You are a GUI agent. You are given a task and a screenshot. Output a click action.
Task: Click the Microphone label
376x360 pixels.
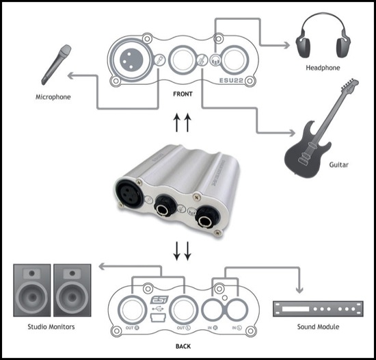[x=53, y=97]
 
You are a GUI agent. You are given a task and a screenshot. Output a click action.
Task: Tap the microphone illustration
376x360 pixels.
[x=56, y=65]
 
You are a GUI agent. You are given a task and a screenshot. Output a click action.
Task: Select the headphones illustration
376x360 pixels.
[x=323, y=36]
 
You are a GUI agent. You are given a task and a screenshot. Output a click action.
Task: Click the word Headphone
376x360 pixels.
[x=323, y=68]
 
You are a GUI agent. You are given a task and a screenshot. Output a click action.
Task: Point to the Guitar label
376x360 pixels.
[x=338, y=165]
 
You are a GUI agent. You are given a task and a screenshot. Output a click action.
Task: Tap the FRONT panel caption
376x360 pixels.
[x=183, y=94]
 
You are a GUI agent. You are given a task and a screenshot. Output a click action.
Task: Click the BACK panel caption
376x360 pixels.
[x=183, y=346]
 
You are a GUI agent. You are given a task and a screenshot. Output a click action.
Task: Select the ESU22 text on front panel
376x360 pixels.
[x=231, y=80]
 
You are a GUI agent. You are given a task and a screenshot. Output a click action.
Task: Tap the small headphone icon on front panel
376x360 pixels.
[x=215, y=60]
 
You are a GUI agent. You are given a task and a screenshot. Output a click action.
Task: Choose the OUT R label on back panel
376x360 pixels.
[x=133, y=328]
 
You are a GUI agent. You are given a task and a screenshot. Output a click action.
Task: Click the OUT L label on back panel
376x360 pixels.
[x=184, y=328]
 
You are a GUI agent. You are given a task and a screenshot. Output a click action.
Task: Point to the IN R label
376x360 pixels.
[x=213, y=328]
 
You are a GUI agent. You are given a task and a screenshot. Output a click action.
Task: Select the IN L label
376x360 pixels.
[x=237, y=328]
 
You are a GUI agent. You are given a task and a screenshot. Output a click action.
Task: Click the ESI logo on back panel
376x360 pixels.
[x=159, y=300]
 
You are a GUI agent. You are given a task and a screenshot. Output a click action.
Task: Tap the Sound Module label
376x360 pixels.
[x=318, y=327]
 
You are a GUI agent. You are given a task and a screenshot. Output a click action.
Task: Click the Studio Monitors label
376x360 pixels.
[x=51, y=327]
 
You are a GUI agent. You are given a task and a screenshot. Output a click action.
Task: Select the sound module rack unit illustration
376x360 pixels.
[x=318, y=309]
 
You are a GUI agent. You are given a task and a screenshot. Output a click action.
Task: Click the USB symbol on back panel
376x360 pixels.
[x=158, y=309]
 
